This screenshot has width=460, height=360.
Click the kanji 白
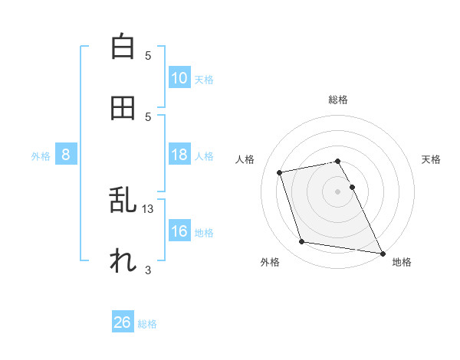[123, 47]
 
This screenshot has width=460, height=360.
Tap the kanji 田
[123, 108]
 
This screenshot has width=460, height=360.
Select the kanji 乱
[123, 201]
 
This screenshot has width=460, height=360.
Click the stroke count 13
[148, 208]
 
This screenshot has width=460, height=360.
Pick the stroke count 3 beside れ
[148, 270]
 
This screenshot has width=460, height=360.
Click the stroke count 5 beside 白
[148, 55]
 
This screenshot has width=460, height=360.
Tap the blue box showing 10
[179, 78]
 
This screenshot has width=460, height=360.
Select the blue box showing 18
[179, 155]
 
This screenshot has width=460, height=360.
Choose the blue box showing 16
[179, 231]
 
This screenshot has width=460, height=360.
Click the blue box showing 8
[66, 155]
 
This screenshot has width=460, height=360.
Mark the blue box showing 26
[123, 322]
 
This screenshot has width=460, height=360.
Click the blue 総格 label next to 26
[148, 324]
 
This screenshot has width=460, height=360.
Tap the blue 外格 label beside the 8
[41, 156]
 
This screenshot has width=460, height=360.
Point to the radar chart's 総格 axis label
[338, 100]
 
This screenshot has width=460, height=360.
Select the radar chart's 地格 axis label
[402, 262]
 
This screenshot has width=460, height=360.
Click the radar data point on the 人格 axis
[280, 172]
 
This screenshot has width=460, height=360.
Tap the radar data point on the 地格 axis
[382, 252]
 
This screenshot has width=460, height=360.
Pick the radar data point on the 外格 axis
[302, 242]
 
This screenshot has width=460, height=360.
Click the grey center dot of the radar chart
[338, 191]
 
